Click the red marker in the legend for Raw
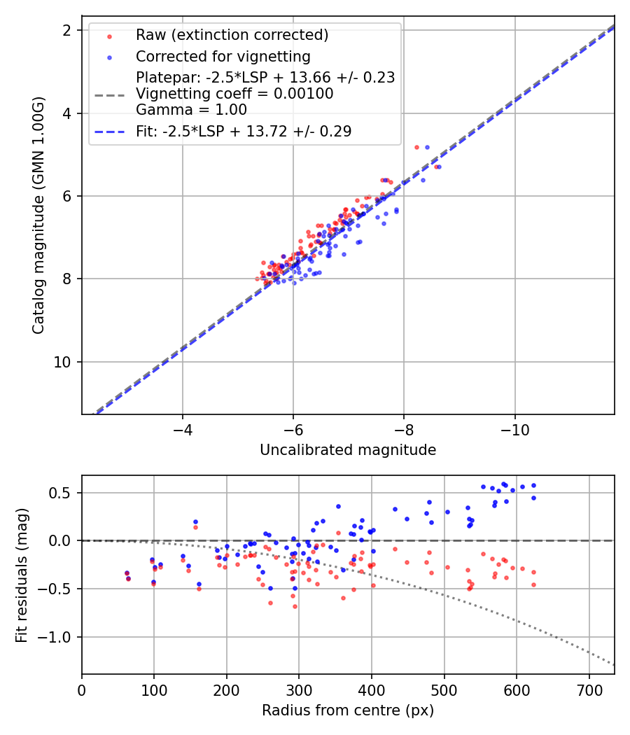click(108, 36)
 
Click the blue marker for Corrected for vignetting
click(108, 56)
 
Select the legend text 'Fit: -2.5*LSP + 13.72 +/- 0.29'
click(244, 131)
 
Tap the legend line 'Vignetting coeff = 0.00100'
click(234, 93)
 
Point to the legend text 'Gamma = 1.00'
click(191, 110)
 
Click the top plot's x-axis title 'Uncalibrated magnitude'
click(348, 450)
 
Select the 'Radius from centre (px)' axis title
click(348, 710)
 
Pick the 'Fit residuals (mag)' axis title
click(22, 574)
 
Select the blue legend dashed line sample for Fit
click(108, 131)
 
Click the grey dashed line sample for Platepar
click(108, 93)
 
